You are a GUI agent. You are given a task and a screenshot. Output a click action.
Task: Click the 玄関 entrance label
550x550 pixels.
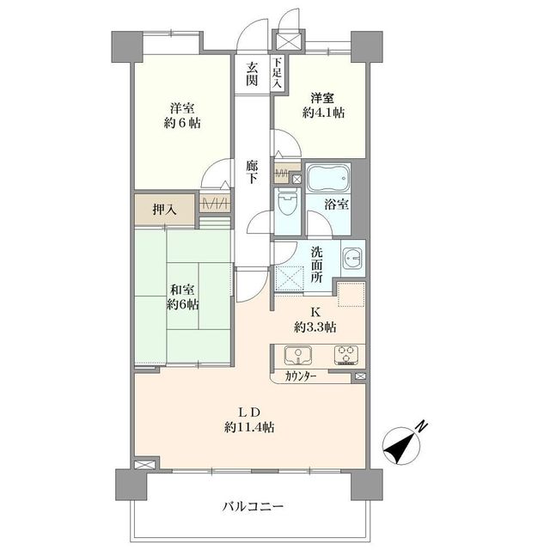pyautogui.click(x=252, y=74)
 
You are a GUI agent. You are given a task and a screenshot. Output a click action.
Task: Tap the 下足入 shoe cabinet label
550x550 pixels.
pyautogui.click(x=277, y=73)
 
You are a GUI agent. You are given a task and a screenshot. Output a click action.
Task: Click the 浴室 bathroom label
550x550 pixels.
pyautogui.click(x=336, y=205)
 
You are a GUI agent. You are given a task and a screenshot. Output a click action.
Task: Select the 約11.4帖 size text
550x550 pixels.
pyautogui.click(x=250, y=426)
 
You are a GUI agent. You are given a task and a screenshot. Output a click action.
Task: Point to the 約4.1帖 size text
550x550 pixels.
pyautogui.click(x=321, y=113)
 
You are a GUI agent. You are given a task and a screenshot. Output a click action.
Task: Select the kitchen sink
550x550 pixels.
pyautogui.click(x=298, y=355)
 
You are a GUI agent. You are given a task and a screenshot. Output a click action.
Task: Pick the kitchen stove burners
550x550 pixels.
pyautogui.click(x=345, y=355)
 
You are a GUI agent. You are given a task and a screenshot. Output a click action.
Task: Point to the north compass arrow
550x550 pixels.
pyautogui.click(x=399, y=443)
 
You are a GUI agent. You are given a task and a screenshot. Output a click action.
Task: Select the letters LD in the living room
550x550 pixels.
pyautogui.click(x=250, y=410)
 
